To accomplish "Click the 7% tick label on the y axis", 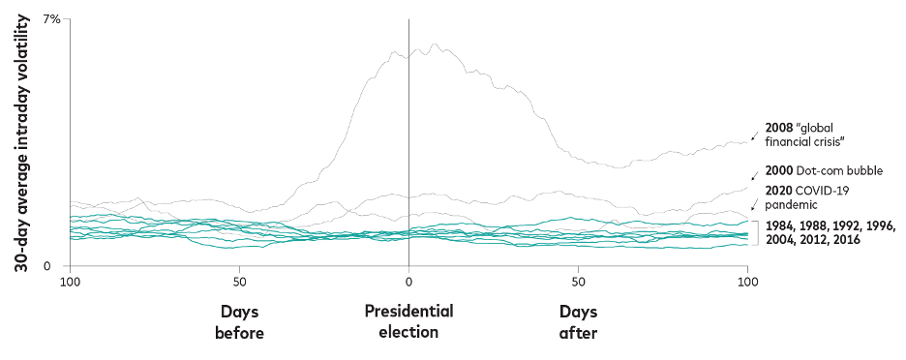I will pos(51,19).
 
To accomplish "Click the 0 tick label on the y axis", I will pos(57,266).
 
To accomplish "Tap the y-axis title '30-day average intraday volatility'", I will pos(19,143).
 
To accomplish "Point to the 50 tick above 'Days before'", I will pos(239,281).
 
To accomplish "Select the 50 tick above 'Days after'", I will pos(578,281).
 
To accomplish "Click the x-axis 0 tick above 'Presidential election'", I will pos(408,281).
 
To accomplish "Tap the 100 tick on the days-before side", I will pos(70,281).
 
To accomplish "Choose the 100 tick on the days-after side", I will pos(746,281).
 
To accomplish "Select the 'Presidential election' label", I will pos(408,321).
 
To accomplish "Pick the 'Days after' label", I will pos(578,321).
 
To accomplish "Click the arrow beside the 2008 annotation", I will pos(754,135).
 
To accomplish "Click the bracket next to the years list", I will pos(756,232).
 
